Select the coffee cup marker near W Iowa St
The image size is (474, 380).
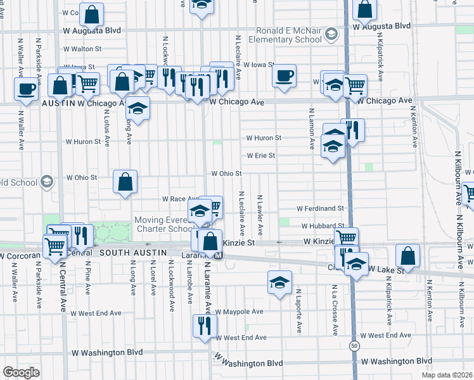click(x=284, y=77)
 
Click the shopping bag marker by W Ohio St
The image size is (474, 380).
click(x=125, y=182)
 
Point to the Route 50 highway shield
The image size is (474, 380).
click(x=352, y=346)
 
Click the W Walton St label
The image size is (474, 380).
click(x=82, y=49)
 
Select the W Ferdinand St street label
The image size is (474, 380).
click(x=320, y=208)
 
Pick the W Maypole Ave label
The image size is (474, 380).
click(x=239, y=312)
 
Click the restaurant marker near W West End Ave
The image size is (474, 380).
click(x=205, y=326)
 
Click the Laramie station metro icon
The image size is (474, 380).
click(x=218, y=256)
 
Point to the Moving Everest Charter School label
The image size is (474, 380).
click(x=163, y=224)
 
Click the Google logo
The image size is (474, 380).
click(x=21, y=372)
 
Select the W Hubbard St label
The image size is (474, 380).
click(x=323, y=225)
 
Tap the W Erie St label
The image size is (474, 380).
click(x=260, y=155)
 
